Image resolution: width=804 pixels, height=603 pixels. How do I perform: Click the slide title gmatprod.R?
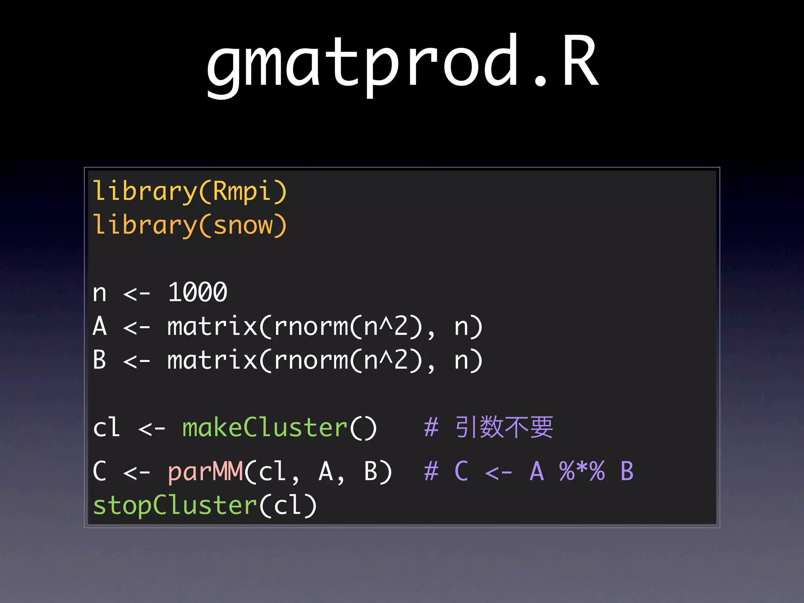point(402,63)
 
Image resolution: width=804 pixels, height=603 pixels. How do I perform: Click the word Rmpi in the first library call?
point(242,192)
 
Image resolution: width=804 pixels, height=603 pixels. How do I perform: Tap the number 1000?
point(197,292)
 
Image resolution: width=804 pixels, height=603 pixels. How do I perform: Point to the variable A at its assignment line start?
point(100,326)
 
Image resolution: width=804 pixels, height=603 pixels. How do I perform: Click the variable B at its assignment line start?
point(100,360)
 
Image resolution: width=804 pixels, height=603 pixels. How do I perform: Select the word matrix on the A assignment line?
point(212,326)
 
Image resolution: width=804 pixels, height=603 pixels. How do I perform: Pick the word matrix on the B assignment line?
point(212,360)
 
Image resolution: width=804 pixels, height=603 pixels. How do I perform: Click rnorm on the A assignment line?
point(311,327)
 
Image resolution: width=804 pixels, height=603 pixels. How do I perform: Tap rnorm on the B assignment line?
point(311,361)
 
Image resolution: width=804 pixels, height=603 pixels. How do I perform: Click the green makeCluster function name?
point(265,428)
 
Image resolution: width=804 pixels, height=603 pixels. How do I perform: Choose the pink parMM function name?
point(205,471)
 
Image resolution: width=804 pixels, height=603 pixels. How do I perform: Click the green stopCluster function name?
point(175,505)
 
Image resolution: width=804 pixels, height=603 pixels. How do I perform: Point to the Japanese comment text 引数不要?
point(504,427)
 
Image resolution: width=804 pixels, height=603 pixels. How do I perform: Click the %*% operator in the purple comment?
point(582,471)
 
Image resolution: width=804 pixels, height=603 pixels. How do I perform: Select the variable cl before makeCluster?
point(106,428)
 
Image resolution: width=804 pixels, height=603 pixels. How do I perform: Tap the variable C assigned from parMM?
point(100,471)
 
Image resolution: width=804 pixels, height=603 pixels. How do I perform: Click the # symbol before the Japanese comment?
point(431,428)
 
